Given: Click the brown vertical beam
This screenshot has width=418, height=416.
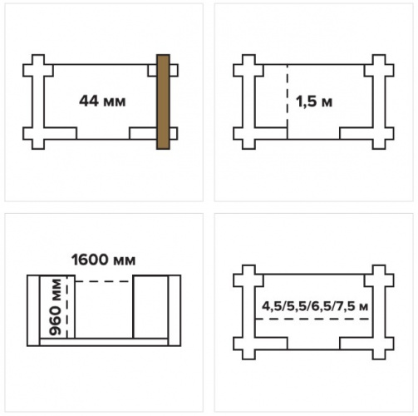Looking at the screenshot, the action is coord(163,102).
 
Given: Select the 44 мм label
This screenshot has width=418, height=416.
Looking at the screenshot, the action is coord(102,102).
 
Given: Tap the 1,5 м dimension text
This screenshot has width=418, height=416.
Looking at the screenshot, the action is coord(314,102).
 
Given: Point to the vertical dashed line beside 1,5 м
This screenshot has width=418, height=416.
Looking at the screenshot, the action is coord(288,102).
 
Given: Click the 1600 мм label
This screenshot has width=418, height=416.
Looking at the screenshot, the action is coord(104,260).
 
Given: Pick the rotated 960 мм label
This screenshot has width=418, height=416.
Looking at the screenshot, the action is coord(55,307).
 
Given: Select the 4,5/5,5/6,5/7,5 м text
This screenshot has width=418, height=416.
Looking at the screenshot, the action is coord(315,306).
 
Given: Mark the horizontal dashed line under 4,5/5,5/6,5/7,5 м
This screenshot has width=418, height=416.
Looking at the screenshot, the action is coord(312,319).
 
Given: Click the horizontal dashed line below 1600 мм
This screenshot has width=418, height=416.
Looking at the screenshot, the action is coord(104,281).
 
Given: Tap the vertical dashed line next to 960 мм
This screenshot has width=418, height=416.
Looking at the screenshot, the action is coord(67,307).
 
